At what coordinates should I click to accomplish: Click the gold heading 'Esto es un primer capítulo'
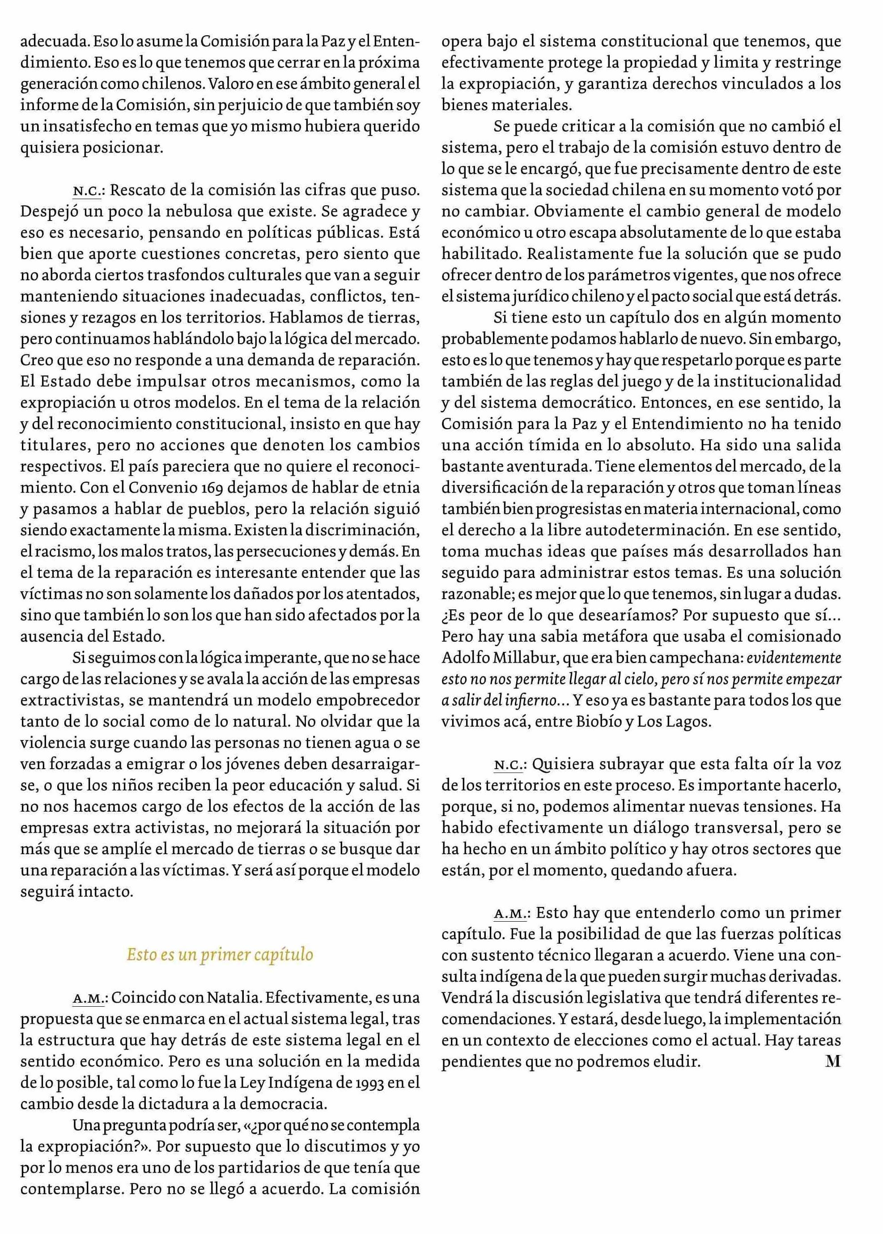[220, 954]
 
